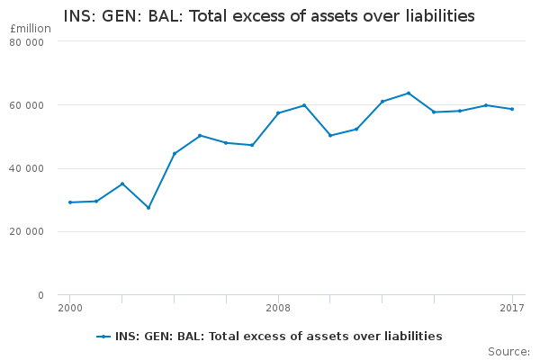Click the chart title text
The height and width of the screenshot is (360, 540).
pos(269,16)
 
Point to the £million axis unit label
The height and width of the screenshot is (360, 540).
pos(30,29)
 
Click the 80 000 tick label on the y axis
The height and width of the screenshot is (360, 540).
pos(28,42)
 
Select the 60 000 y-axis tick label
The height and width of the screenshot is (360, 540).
pos(28,105)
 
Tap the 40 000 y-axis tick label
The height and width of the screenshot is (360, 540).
pos(28,168)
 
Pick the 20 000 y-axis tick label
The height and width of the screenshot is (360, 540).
pos(28,231)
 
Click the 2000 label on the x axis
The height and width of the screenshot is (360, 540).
pos(69,309)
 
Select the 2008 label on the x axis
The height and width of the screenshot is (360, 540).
pos(278,309)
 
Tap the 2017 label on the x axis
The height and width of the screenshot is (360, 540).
pos(512,309)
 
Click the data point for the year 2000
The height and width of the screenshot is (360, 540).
pos(70,202)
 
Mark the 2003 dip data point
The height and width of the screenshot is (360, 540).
pos(148,208)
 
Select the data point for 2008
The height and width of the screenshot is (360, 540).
pos(278,113)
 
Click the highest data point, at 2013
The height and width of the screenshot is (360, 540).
pos(409,93)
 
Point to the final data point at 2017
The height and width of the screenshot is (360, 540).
pos(512,109)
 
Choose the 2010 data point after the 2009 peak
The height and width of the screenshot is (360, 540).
pos(330,135)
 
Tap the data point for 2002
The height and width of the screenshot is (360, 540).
pos(122,184)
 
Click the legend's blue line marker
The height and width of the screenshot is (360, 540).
pos(104,337)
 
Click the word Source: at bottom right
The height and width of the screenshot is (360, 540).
pos(508,351)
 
